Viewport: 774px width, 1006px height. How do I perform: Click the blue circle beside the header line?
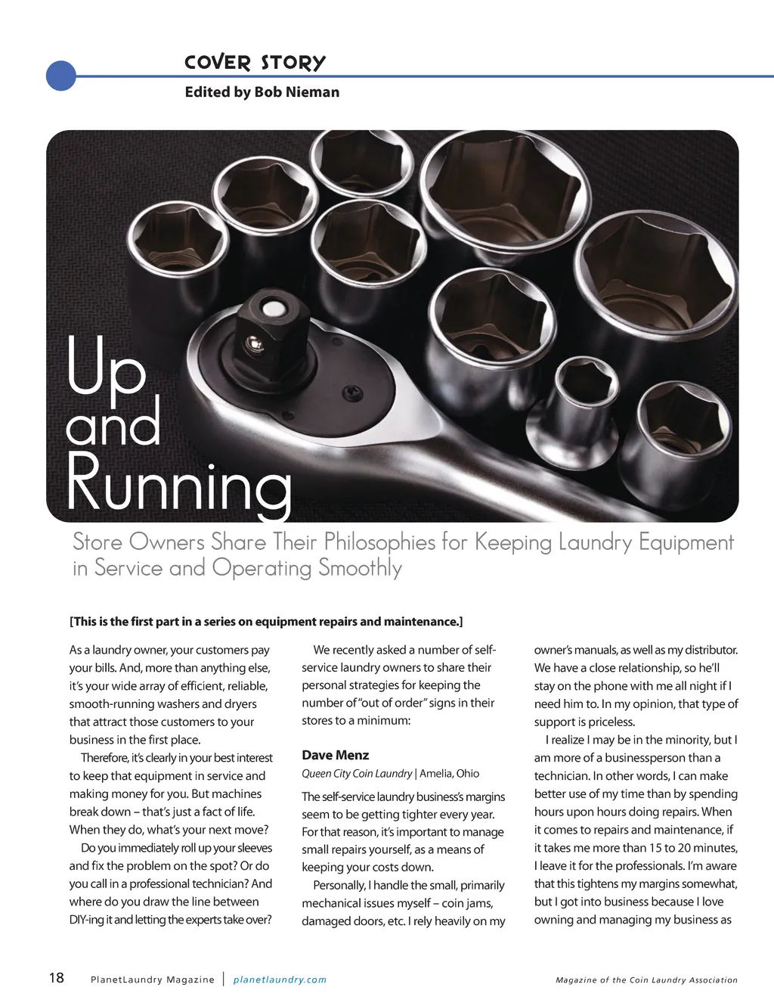(x=60, y=76)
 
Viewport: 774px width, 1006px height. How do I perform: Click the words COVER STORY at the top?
(x=255, y=63)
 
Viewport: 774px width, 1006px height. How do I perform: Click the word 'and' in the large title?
(x=113, y=425)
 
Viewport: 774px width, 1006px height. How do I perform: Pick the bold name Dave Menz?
(x=336, y=755)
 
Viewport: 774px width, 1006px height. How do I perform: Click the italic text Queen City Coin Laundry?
(x=357, y=774)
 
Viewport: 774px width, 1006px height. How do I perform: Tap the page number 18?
(x=57, y=978)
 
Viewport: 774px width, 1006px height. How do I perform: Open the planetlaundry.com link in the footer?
(x=280, y=980)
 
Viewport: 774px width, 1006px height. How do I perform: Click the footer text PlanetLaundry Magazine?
(x=152, y=980)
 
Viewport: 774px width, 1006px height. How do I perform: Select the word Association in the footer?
(x=708, y=980)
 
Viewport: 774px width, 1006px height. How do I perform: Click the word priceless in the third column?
(x=611, y=722)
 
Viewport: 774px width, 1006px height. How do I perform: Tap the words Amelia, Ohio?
(x=450, y=774)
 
